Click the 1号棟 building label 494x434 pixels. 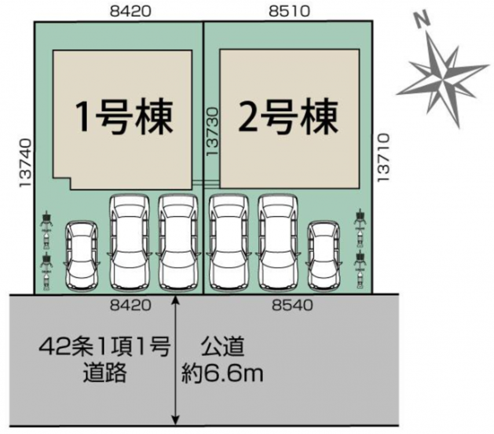coord(123,117)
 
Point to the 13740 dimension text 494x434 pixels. coord(24,164)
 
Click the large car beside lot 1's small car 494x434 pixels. coord(129,242)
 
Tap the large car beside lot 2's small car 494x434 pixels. coord(279,242)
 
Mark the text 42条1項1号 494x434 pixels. coord(104,349)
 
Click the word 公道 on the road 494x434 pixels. coord(222,348)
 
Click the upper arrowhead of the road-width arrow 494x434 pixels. coord(175,301)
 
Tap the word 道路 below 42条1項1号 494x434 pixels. coord(105,374)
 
